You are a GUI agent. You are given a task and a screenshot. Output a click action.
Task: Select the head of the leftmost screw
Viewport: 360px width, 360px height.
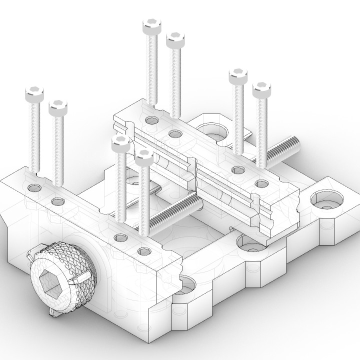[x=34, y=93]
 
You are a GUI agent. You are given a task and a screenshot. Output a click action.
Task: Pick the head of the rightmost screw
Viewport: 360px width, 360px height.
[x=261, y=90]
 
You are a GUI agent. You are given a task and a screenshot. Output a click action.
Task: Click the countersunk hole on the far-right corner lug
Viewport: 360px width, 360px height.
[x=326, y=201]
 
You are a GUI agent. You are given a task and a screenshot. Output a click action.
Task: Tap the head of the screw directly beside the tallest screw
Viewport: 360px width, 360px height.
[x=175, y=40]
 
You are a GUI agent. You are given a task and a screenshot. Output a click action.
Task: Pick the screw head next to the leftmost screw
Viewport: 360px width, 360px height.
[x=58, y=106]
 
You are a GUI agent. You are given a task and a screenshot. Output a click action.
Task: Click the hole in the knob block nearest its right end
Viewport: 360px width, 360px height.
[x=144, y=251]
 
